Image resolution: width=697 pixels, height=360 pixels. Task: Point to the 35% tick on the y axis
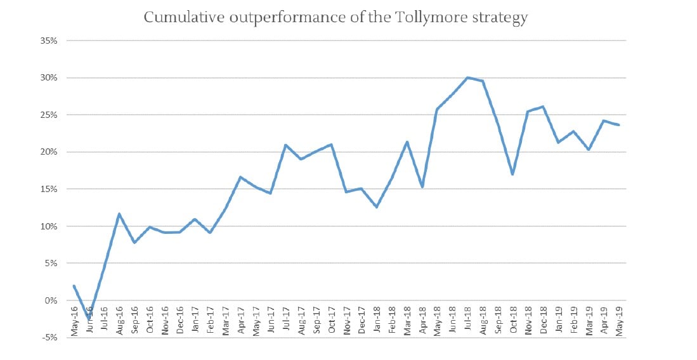(49, 41)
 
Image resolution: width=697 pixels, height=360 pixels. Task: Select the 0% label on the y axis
(51, 300)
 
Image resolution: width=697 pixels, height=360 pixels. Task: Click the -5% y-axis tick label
(50, 337)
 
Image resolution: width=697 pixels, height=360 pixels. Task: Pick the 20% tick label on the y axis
(49, 152)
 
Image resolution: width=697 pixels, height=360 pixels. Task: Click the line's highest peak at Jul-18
(467, 78)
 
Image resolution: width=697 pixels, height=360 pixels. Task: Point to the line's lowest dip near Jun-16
(89, 318)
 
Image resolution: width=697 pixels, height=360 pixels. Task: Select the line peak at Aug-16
(119, 214)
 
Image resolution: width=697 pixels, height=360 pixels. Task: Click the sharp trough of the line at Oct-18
(512, 174)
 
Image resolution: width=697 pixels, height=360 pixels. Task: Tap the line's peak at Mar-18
(407, 142)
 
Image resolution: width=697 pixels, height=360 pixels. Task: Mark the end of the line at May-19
(619, 125)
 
